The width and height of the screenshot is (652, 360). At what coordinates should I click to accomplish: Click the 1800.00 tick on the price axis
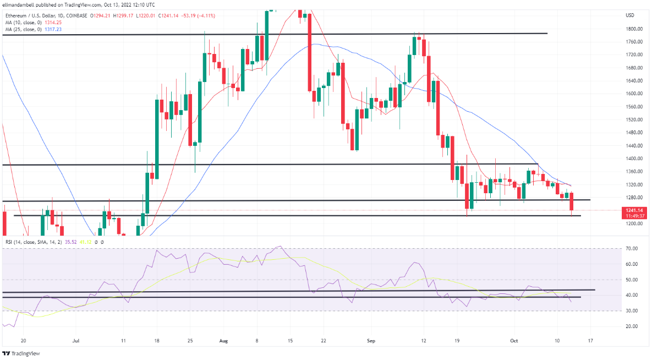(631, 29)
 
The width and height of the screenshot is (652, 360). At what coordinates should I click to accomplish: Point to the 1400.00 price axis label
(631, 159)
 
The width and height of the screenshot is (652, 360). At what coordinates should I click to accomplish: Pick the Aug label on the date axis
(224, 341)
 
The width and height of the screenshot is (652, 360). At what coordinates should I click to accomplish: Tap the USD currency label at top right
(630, 15)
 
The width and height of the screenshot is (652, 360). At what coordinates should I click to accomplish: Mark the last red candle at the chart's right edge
(572, 201)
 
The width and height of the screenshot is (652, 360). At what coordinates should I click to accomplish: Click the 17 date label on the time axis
(590, 341)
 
